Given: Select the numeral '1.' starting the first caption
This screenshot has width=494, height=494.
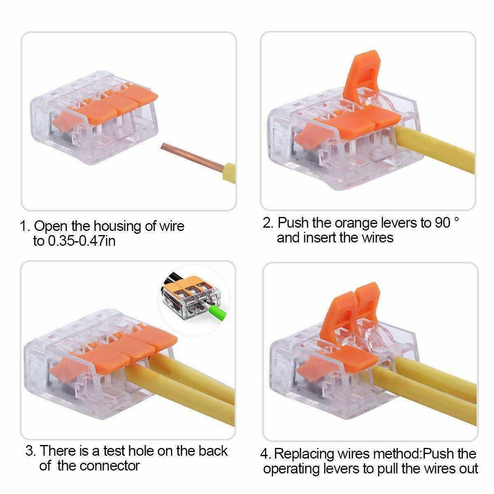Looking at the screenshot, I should coord(25,226).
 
